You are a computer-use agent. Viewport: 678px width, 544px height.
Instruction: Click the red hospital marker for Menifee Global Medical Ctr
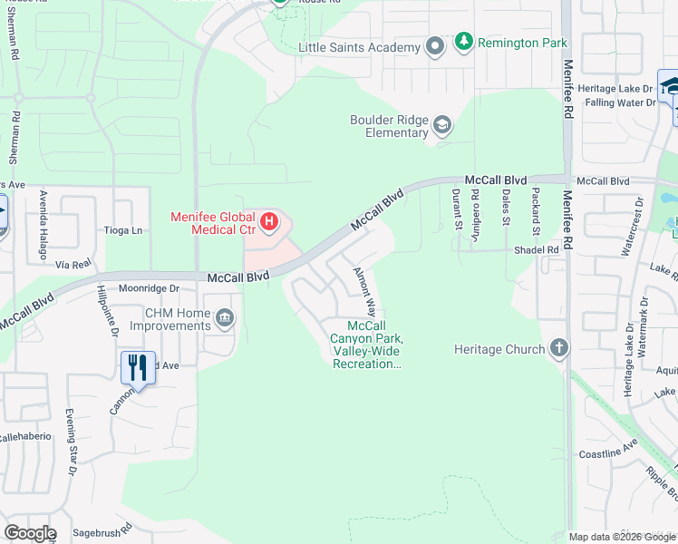pyautogui.click(x=269, y=220)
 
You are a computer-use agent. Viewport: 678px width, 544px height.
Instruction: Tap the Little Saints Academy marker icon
pyautogui.click(x=435, y=46)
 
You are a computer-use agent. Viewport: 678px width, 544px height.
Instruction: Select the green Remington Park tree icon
pyautogui.click(x=464, y=42)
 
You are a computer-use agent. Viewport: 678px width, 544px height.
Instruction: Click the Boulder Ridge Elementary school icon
pyautogui.click(x=442, y=124)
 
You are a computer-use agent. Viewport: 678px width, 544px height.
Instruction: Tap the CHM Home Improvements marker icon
pyautogui.click(x=225, y=318)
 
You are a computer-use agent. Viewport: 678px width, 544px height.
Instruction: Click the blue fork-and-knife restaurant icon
pyautogui.click(x=138, y=367)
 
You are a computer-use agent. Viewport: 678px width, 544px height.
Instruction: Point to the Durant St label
pyautogui.click(x=458, y=209)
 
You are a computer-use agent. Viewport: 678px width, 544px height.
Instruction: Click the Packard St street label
pyautogui.click(x=537, y=208)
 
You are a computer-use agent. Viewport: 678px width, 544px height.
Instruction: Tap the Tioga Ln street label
pyautogui.click(x=124, y=230)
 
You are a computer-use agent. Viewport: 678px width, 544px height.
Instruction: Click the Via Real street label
pyautogui.click(x=74, y=264)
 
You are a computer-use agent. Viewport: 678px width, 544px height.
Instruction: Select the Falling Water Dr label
pyautogui.click(x=622, y=102)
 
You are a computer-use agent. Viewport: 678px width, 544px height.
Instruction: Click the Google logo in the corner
pyautogui.click(x=30, y=533)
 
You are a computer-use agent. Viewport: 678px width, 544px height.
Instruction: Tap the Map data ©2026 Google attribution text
pyautogui.click(x=621, y=537)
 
